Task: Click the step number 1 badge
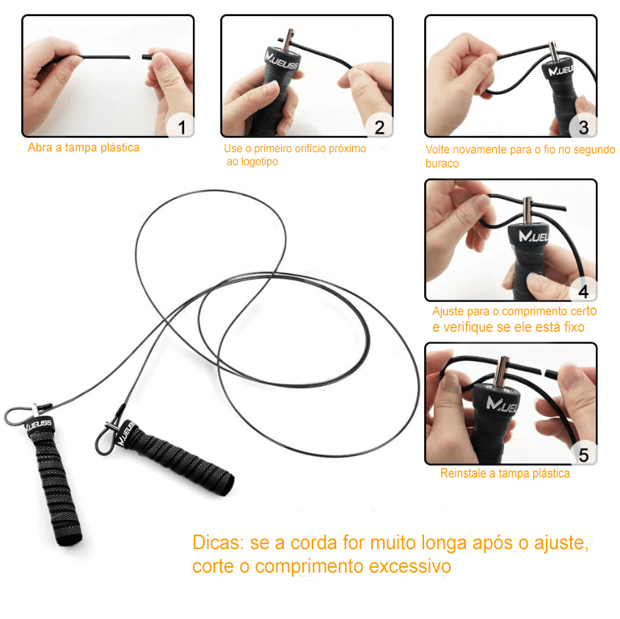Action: click(181, 127)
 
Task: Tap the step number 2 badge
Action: click(379, 127)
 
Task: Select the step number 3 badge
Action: click(583, 127)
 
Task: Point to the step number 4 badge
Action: click(583, 292)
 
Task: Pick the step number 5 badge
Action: click(583, 455)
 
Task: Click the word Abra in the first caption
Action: click(40, 148)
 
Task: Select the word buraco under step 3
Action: click(442, 164)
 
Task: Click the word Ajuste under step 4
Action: click(448, 311)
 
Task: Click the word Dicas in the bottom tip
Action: click(218, 543)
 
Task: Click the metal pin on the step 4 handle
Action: click(527, 211)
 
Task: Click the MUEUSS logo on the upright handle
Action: click(39, 424)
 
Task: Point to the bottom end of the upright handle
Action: click(70, 540)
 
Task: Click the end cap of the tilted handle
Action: click(226, 483)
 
